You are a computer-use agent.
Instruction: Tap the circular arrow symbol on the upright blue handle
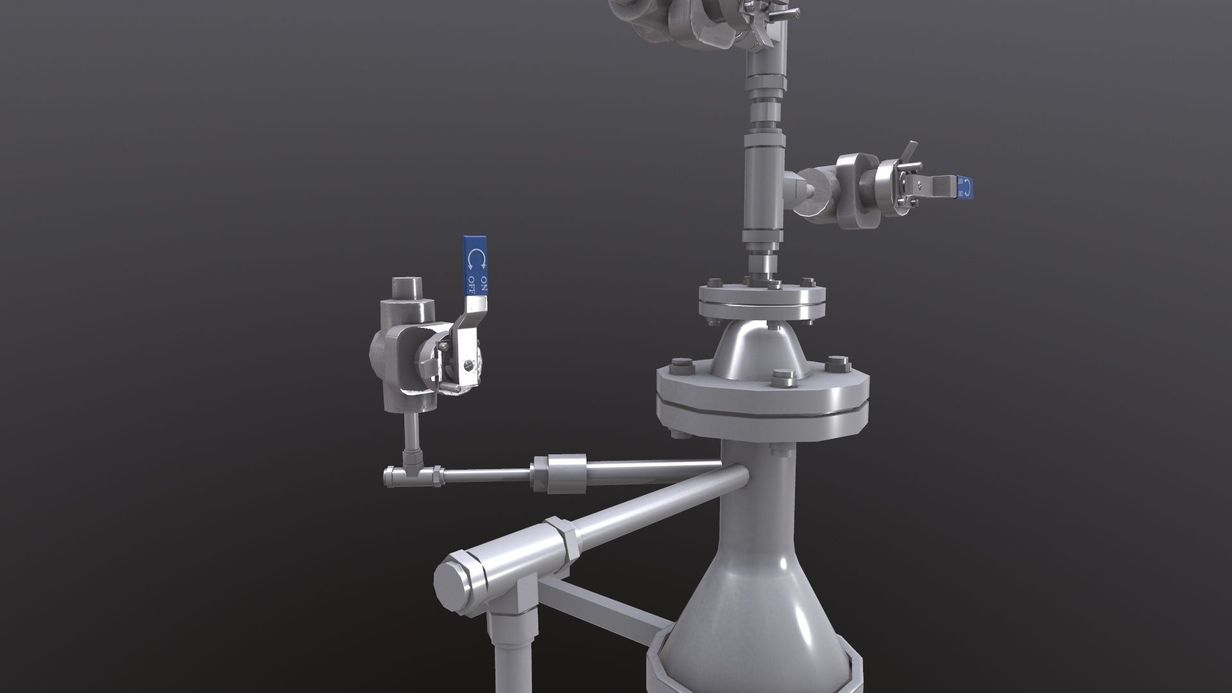coord(477,259)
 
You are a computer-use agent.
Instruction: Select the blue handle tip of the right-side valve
coord(964,186)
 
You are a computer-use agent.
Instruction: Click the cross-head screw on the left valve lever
coord(468,365)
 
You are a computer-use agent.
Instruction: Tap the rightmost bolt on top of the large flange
coord(836,364)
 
